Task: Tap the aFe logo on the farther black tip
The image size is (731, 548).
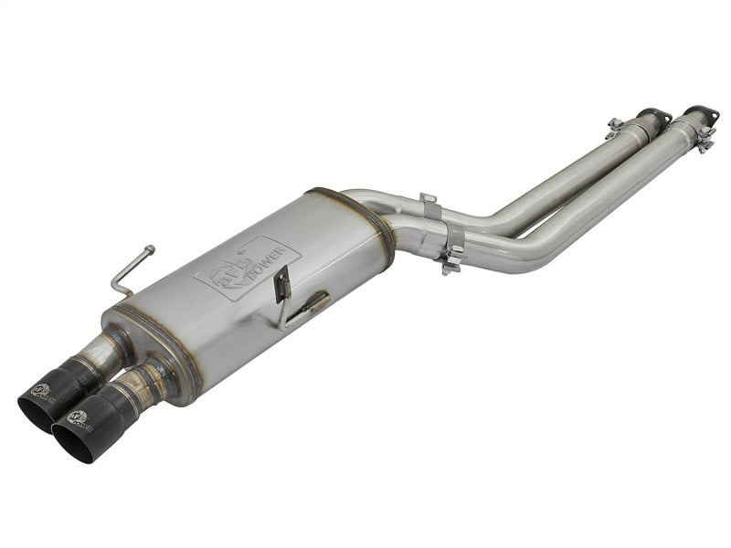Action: (42, 392)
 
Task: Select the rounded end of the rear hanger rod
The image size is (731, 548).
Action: (150, 248)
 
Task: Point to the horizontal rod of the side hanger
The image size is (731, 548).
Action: (306, 306)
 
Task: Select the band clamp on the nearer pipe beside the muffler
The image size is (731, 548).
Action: (450, 256)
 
